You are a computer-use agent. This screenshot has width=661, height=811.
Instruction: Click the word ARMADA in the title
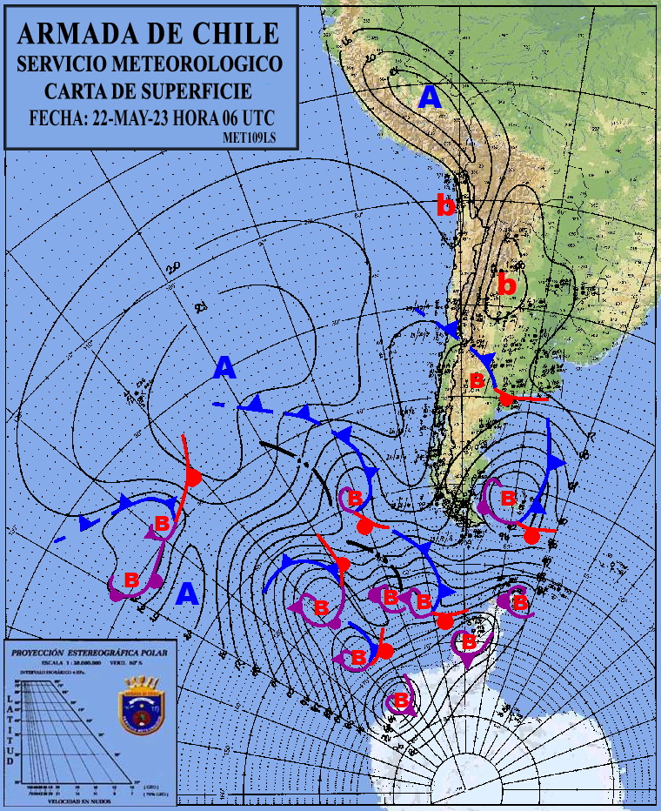click(72, 33)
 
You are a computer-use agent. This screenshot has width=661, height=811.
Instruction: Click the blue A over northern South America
click(430, 97)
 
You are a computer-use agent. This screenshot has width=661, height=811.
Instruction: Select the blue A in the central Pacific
click(225, 368)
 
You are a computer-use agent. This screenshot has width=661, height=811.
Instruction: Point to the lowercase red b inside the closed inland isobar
click(506, 284)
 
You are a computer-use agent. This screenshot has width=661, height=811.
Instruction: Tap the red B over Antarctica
click(402, 700)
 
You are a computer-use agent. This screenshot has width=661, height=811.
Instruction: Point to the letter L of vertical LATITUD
click(11, 699)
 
